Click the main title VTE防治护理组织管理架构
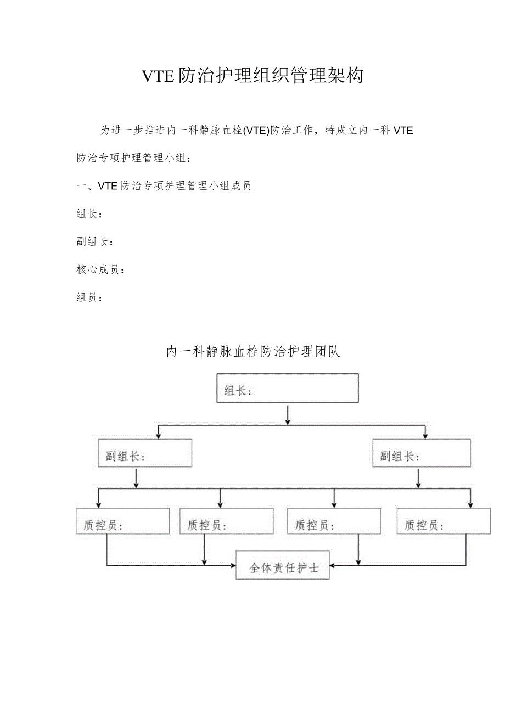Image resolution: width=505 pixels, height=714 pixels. (252, 76)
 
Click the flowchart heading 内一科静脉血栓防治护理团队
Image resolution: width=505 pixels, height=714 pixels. (253, 352)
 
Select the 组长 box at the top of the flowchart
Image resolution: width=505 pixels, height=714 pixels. (288, 389)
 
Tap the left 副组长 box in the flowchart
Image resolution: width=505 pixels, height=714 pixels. (145, 453)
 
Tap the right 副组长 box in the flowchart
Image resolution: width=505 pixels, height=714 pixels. (421, 453)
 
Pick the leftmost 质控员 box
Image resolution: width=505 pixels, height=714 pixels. (123, 521)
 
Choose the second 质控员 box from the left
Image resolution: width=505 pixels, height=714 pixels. (227, 521)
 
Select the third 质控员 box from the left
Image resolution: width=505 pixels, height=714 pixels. (334, 521)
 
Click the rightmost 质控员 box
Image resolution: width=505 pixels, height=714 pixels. (444, 521)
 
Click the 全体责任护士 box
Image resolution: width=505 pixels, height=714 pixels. (283, 565)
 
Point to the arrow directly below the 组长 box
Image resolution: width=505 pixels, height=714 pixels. (288, 415)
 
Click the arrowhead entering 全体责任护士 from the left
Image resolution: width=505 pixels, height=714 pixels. (232, 565)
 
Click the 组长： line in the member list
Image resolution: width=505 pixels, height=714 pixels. (89, 214)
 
